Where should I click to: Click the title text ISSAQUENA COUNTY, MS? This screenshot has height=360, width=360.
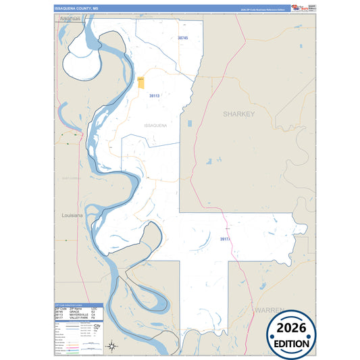pos(76,9)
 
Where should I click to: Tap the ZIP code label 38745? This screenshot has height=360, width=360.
pos(182,38)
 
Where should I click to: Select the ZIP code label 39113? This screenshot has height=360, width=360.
pos(154,96)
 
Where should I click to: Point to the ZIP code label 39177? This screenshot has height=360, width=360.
pos(226,239)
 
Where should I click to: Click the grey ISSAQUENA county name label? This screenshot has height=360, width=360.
pos(155,126)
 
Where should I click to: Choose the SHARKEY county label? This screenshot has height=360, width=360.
pos(239,114)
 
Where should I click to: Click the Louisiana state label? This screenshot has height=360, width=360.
pos(72,215)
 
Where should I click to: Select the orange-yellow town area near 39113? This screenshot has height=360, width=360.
pos(141,82)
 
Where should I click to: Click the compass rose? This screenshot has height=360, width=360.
pos(113,346)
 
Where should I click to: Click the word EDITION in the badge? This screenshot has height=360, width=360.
pos(292,342)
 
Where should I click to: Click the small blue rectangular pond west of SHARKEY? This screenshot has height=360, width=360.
pos(190,124)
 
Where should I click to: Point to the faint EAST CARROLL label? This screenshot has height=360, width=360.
pos(70,178)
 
